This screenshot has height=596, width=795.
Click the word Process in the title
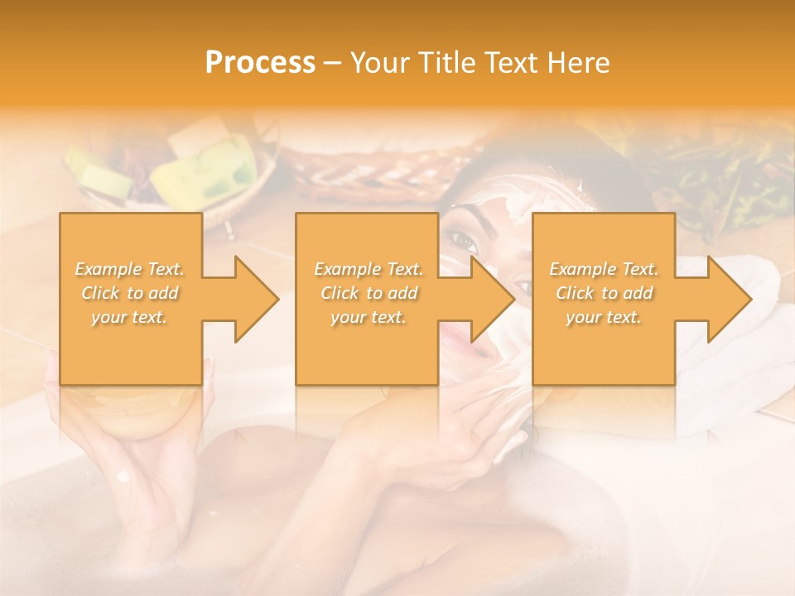coord(260,62)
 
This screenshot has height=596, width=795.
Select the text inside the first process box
coord(130,293)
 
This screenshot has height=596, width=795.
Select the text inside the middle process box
coord(368,293)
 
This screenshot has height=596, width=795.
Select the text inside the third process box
coord(604,293)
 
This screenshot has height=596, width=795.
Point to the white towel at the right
coord(745,364)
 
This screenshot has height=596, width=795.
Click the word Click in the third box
coord(576,293)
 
